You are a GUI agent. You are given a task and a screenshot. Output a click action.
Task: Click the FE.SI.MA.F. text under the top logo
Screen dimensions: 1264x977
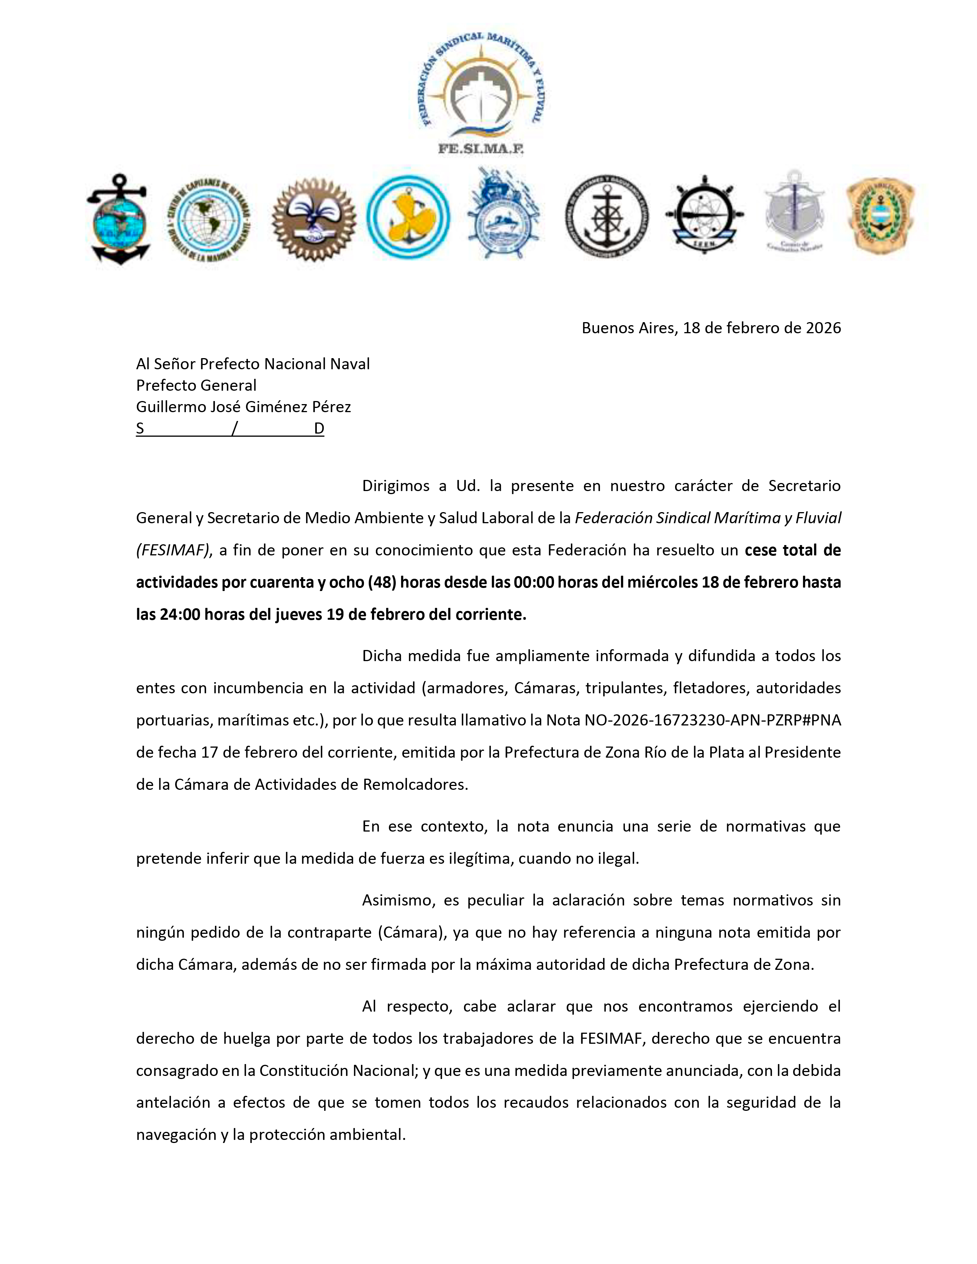pyautogui.click(x=480, y=149)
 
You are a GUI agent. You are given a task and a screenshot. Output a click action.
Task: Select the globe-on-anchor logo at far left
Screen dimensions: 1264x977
pyautogui.click(x=119, y=219)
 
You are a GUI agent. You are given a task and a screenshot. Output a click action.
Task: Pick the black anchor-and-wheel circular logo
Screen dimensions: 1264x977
pyautogui.click(x=607, y=216)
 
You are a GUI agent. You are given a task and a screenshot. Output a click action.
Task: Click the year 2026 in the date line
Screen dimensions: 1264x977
pyautogui.click(x=823, y=328)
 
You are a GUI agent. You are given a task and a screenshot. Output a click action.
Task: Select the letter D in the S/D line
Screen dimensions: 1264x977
pyautogui.click(x=319, y=429)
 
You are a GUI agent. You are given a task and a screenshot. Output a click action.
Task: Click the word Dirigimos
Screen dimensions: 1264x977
pyautogui.click(x=396, y=486)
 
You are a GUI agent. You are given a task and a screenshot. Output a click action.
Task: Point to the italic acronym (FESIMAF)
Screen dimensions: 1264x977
pyautogui.click(x=172, y=550)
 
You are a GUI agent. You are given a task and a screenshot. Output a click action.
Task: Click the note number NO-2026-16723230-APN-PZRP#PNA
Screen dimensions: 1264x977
pyautogui.click(x=713, y=720)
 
